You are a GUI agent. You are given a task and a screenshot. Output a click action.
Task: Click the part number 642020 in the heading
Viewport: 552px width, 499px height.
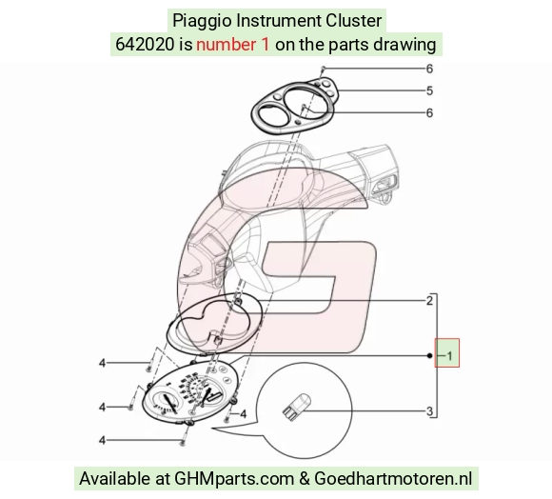pyautogui.click(x=145, y=45)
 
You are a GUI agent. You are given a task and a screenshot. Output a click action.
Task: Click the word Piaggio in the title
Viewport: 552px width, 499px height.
pyautogui.click(x=202, y=21)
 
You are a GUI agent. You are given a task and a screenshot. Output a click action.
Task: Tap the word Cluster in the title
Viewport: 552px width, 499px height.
pyautogui.click(x=353, y=20)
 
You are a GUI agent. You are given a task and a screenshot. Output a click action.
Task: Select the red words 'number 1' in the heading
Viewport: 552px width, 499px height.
pyautogui.click(x=233, y=45)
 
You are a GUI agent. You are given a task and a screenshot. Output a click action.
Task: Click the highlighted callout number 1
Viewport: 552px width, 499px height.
pyautogui.click(x=449, y=355)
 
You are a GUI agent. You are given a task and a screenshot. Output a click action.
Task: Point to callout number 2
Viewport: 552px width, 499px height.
pyautogui.click(x=429, y=301)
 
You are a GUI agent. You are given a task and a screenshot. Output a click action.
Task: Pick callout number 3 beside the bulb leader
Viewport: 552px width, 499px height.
pyautogui.click(x=429, y=411)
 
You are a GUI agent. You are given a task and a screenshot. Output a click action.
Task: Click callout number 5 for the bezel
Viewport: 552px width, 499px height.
pyautogui.click(x=429, y=90)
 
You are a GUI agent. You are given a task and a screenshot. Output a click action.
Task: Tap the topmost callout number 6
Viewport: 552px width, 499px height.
pyautogui.click(x=429, y=69)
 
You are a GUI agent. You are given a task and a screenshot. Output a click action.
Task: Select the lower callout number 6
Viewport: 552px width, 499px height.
pyautogui.click(x=429, y=112)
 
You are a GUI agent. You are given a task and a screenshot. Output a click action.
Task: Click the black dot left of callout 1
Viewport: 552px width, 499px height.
pyautogui.click(x=429, y=355)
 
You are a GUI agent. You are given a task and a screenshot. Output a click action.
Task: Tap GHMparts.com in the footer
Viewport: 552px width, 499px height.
pyautogui.click(x=234, y=479)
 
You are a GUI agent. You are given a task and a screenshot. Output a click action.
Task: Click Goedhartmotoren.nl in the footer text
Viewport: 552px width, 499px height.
pyautogui.click(x=393, y=479)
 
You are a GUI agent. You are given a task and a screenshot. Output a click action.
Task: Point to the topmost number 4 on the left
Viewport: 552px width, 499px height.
pyautogui.click(x=102, y=363)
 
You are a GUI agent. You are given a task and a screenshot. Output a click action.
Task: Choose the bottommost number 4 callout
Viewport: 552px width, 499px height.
pyautogui.click(x=102, y=440)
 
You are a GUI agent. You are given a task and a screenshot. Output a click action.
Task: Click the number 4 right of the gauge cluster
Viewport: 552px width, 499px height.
pyautogui.click(x=243, y=414)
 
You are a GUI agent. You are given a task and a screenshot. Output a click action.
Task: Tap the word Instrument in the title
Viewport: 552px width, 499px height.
pyautogui.click(x=279, y=20)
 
